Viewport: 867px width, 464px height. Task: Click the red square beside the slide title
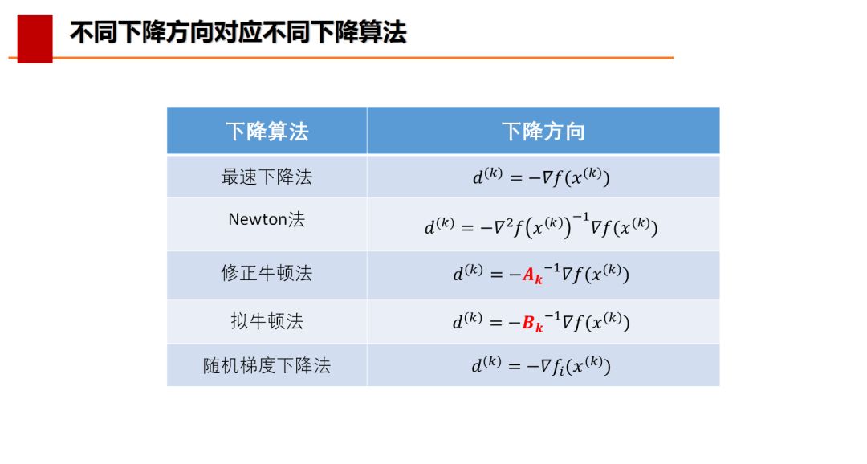(35, 39)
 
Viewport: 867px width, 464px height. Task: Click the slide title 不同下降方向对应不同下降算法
(238, 32)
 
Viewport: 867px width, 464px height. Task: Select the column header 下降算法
(267, 132)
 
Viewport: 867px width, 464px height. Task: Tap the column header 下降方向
(543, 132)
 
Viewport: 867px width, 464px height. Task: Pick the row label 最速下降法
(267, 177)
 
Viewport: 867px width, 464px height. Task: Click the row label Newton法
(267, 219)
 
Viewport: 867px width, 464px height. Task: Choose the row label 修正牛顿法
(267, 273)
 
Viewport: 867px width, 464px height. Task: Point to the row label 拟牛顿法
(267, 321)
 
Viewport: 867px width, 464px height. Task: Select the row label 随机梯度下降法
(267, 365)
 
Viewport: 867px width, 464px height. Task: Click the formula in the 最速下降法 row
(541, 177)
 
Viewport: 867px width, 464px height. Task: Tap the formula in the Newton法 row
(541, 225)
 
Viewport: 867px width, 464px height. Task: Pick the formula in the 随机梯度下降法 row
(541, 365)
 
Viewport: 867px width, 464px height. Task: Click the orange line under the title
(341, 58)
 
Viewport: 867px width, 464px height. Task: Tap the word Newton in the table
(258, 219)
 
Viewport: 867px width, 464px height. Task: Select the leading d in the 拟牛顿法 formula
(458, 323)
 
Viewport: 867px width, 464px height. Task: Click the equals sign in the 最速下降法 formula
(516, 178)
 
